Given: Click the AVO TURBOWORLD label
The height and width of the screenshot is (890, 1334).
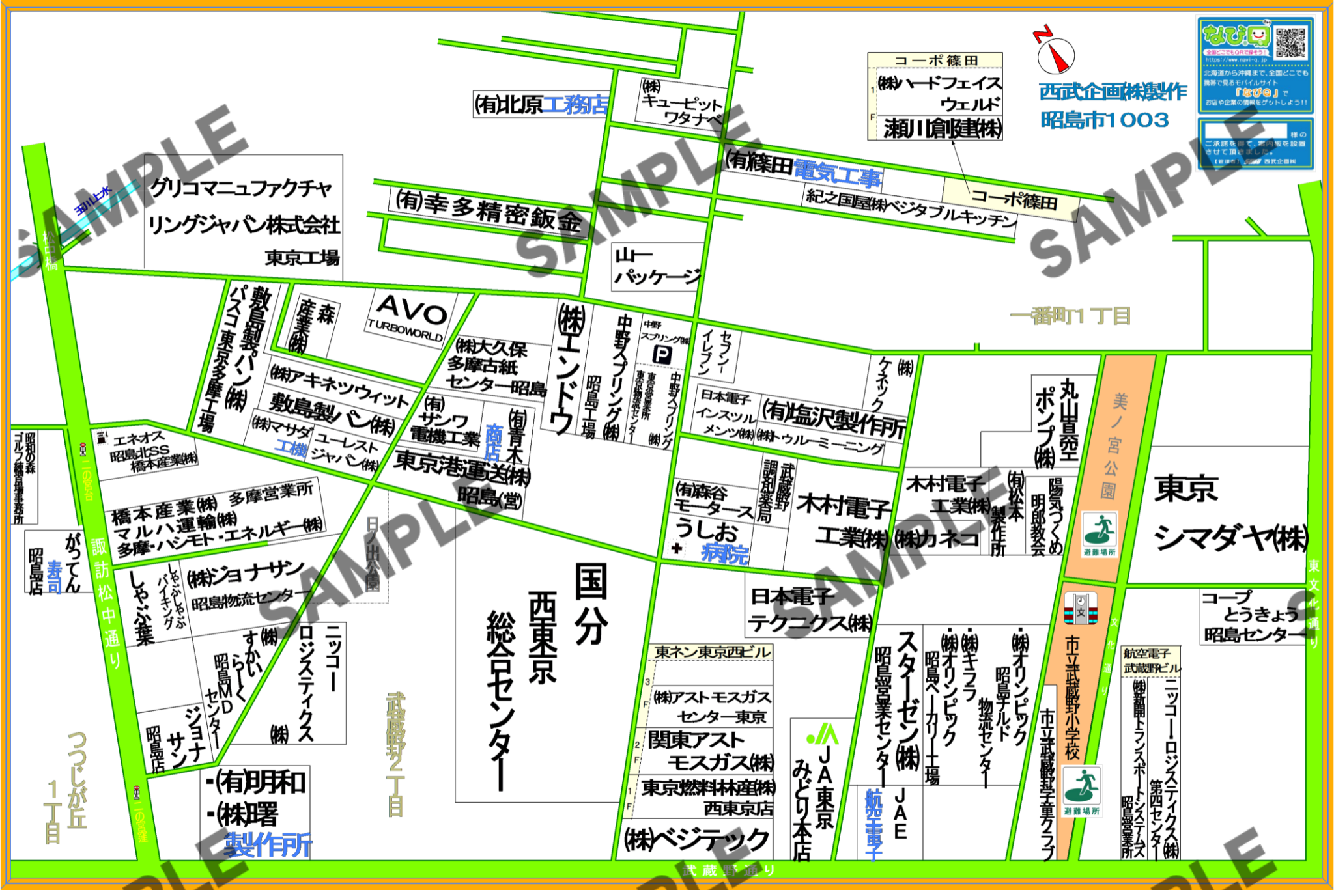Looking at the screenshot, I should pos(409,317).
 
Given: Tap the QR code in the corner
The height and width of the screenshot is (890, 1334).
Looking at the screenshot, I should pos(1289,42).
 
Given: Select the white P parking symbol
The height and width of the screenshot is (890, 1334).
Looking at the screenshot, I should pos(662,355).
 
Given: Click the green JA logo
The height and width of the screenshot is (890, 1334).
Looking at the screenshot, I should pos(823,736).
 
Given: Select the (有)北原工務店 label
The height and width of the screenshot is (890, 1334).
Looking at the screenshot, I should pos(541,104).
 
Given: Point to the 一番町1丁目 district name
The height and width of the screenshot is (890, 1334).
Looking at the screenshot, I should pos(1070,316).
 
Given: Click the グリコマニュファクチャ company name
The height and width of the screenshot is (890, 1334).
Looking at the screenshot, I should pos(241,189).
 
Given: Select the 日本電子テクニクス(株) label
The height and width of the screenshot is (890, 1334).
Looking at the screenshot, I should pos(810,609).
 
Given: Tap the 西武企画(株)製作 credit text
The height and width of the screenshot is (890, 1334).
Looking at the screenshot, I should pos(1113,92).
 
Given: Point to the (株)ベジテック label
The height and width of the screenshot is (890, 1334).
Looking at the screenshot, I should pos(696,841).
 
